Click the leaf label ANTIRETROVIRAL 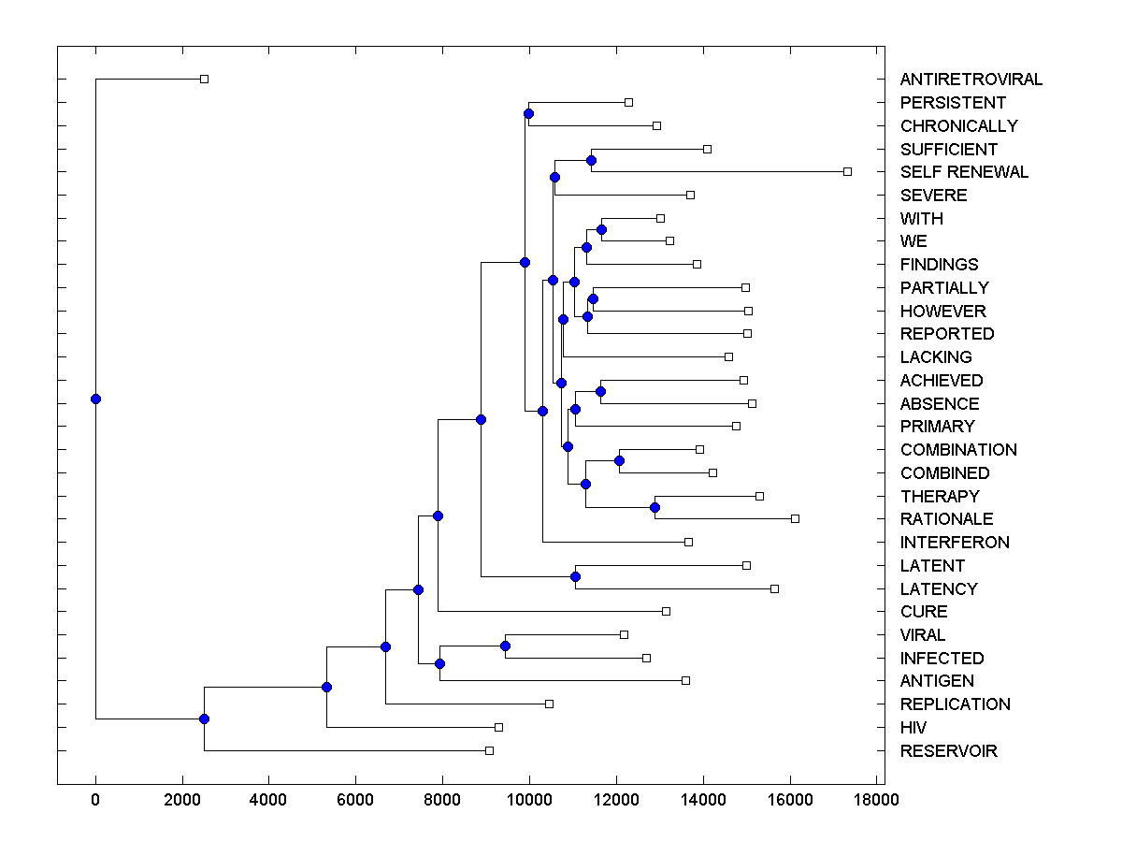(971, 80)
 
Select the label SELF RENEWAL (964, 172)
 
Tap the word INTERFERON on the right (955, 543)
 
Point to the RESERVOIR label (948, 751)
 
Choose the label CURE (924, 612)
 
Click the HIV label (913, 728)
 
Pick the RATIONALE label (946, 519)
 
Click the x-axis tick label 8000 (442, 800)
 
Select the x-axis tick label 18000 (876, 800)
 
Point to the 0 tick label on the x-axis (95, 800)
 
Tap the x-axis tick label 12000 (616, 800)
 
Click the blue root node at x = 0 (95, 399)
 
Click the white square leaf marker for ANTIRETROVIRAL (205, 80)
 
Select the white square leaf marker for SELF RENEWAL (847, 171)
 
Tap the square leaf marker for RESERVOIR (489, 750)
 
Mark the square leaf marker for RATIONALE (795, 518)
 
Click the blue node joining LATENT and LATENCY (576, 577)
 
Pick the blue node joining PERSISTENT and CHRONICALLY (528, 114)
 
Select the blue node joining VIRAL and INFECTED (505, 646)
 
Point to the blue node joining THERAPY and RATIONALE (654, 508)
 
